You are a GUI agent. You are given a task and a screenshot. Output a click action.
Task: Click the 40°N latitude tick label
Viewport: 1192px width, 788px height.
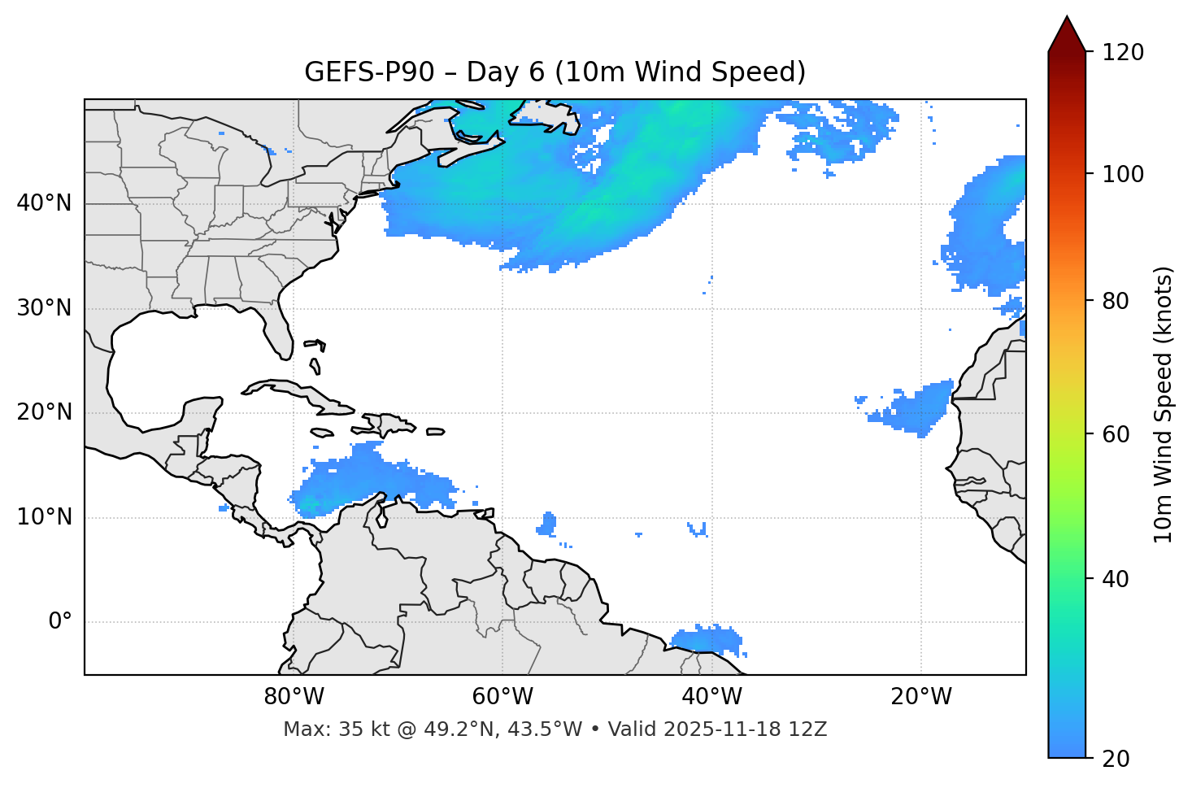click(44, 203)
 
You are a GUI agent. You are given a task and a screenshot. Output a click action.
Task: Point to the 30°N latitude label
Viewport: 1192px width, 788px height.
click(44, 308)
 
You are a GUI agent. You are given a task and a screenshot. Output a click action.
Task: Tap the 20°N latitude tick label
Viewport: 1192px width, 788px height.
click(44, 413)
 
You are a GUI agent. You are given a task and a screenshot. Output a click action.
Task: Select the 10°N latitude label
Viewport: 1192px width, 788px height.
click(44, 517)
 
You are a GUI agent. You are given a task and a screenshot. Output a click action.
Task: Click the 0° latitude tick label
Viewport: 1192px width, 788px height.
click(60, 622)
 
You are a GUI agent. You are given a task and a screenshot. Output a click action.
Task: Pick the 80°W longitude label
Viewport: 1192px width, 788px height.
click(294, 697)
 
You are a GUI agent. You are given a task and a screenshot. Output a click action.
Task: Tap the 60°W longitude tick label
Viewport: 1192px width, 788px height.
click(502, 697)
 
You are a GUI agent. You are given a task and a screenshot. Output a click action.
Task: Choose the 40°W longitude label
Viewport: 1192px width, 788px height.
click(712, 697)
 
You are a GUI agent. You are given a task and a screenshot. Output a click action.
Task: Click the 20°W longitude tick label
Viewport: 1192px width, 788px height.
click(921, 697)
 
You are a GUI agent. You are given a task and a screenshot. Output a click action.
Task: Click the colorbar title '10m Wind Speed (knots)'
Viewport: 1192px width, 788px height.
click(1164, 405)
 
